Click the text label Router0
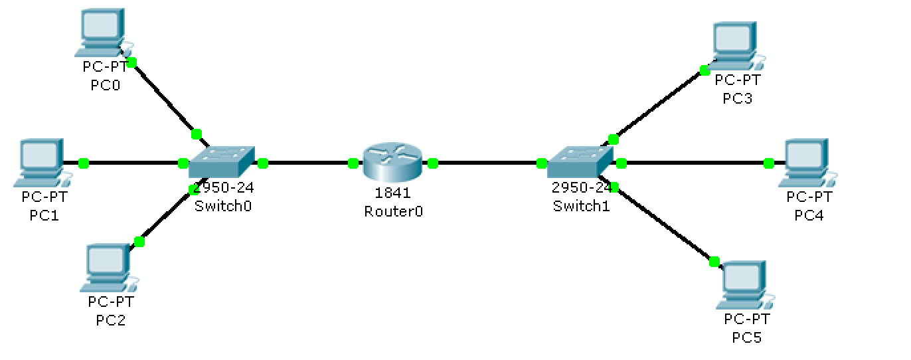tap(393, 211)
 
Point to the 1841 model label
tap(393, 193)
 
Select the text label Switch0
tap(223, 206)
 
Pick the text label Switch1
tap(581, 206)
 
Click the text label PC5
tap(746, 338)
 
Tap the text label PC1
tap(44, 215)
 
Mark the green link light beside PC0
tap(131, 62)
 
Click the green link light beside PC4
tap(769, 163)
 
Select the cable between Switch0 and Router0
tap(307, 162)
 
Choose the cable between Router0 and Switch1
tap(487, 162)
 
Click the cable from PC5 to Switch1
tap(664, 224)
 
